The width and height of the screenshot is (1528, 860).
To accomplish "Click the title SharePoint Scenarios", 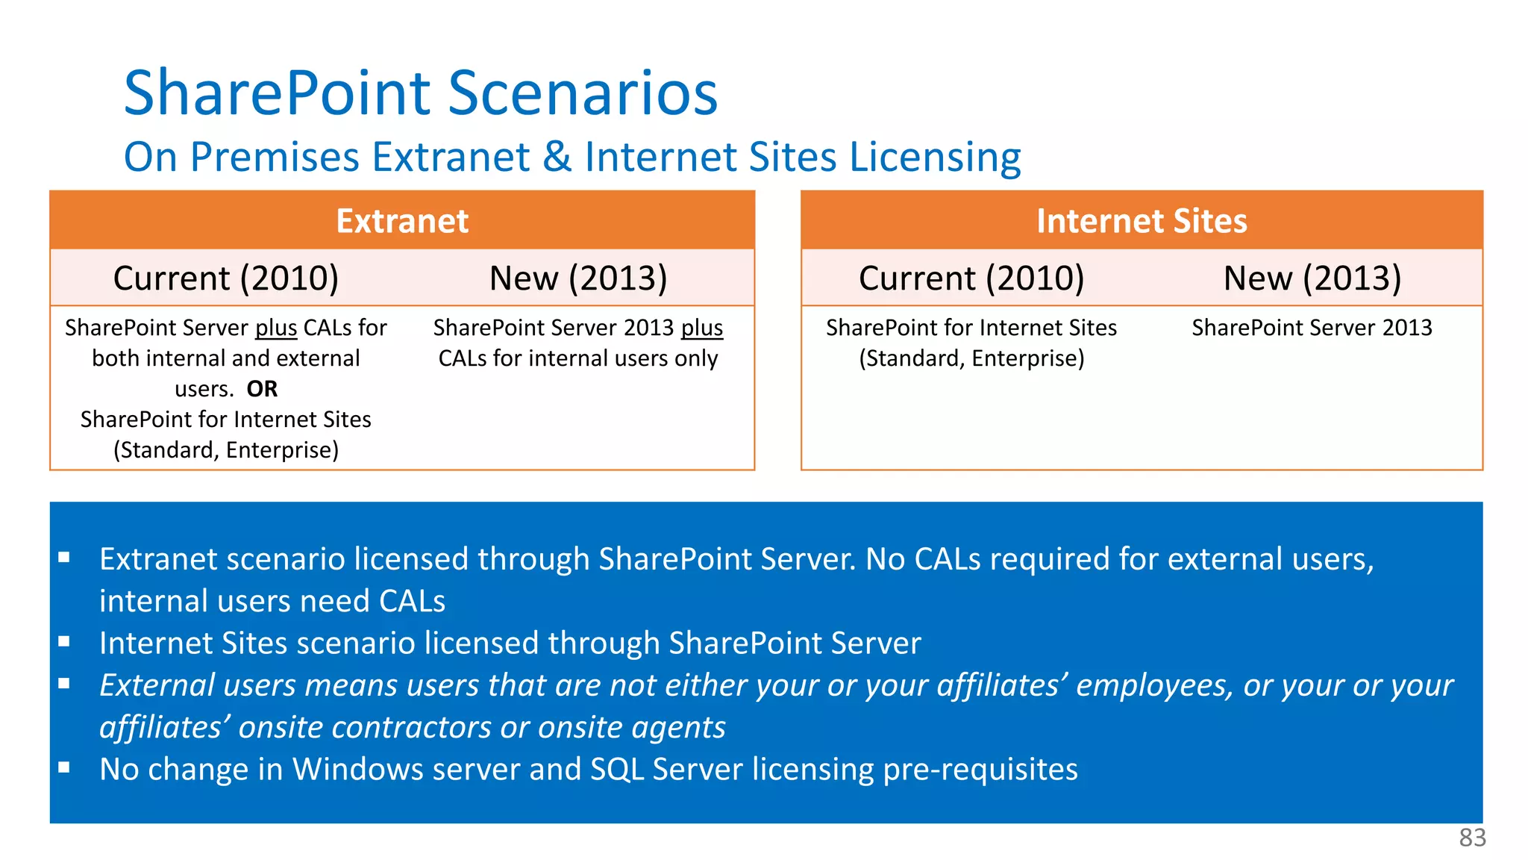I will (420, 93).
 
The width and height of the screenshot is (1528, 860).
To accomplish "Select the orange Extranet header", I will (402, 221).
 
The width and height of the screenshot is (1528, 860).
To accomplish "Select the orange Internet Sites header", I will (1142, 221).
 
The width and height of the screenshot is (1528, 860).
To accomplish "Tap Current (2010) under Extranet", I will (226, 278).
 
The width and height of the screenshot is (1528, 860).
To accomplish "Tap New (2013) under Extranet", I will (578, 278).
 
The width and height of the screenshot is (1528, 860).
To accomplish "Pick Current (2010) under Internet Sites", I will (971, 278).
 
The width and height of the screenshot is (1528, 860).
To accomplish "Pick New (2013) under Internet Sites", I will (1312, 278).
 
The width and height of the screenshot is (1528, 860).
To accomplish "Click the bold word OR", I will (262, 389).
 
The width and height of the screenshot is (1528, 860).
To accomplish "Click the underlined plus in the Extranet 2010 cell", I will (276, 328).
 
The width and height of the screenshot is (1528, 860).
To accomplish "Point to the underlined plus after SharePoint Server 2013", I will (702, 328).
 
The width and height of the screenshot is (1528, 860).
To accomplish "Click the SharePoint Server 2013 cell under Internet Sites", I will (1312, 328).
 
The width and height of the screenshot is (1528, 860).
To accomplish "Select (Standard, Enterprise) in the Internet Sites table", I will (971, 358).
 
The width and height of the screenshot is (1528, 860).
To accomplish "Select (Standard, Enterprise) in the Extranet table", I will (226, 450).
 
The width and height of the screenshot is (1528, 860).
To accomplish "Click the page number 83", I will (1472, 838).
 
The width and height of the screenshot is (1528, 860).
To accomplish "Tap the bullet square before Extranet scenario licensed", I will (64, 557).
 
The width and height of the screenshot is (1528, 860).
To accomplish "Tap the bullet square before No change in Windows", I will (64, 767).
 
